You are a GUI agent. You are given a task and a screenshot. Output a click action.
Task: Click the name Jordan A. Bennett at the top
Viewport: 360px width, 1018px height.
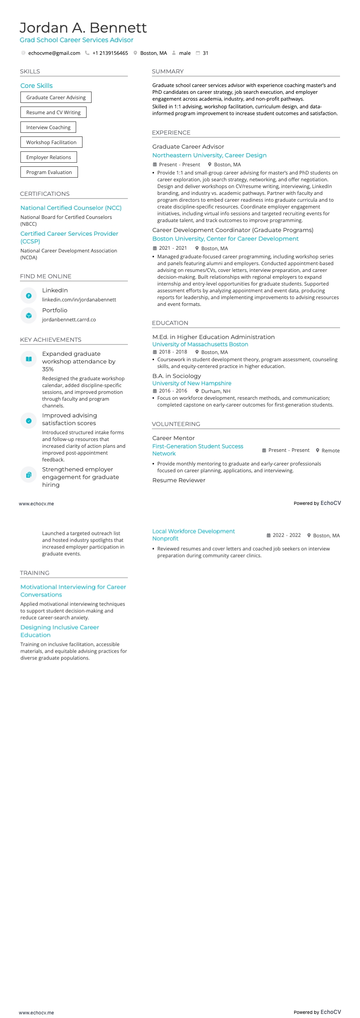pos(83,28)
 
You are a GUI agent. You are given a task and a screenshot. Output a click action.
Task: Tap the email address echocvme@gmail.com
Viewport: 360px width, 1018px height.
pos(54,53)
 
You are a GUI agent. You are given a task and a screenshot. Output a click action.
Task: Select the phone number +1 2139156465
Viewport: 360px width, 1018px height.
pos(110,53)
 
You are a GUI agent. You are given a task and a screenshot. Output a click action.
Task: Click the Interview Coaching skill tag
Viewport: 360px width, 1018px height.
pos(48,127)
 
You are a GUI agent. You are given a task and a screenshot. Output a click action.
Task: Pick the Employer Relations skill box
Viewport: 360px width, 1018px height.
pos(49,157)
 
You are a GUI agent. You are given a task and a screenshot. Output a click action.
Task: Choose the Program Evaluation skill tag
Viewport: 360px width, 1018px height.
pos(49,172)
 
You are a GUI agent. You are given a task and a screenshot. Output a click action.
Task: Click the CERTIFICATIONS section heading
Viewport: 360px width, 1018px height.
pos(45,194)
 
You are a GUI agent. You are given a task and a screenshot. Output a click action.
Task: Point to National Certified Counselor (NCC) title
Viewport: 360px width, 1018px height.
pos(71,208)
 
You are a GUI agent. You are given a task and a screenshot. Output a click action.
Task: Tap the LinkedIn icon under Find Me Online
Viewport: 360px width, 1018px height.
pos(29,296)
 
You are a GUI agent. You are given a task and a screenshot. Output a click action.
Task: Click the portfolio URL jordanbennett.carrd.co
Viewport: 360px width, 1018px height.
pos(69,320)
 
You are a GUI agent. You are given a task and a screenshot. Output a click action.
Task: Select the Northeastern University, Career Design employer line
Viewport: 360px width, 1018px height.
pos(209,155)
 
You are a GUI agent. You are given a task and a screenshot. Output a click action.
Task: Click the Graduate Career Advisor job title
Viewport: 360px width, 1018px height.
pos(188,146)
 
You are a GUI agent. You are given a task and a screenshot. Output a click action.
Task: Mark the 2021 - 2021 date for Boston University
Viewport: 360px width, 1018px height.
pos(173,248)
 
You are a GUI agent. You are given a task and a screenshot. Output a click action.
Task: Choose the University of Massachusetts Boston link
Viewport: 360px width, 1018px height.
pos(200,344)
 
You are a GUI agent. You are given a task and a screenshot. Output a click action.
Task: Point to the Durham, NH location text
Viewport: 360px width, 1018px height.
pos(216,391)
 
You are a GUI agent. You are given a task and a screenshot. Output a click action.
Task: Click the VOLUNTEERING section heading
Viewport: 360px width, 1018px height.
pos(176,424)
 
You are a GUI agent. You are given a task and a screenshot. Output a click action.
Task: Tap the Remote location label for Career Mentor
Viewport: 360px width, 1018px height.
pos(331,451)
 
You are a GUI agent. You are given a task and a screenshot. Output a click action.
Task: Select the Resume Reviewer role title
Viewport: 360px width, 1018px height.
pos(179,480)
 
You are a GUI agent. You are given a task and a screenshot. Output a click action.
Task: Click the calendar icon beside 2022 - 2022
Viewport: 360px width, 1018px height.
pos(268,535)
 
